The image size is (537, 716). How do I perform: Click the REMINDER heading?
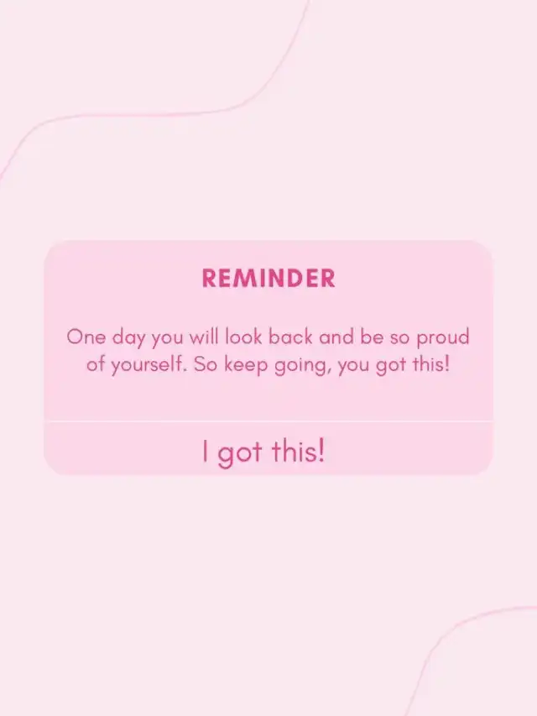[x=268, y=278]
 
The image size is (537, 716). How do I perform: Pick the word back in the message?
[x=290, y=337]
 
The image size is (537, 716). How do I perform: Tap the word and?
[x=336, y=337]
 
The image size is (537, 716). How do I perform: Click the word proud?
[x=443, y=338]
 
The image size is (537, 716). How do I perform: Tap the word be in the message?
[x=372, y=337]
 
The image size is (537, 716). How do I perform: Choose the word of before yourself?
[x=96, y=364]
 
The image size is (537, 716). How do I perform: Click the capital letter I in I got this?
[x=206, y=451]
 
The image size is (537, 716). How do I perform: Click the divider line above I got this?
[x=268, y=421]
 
